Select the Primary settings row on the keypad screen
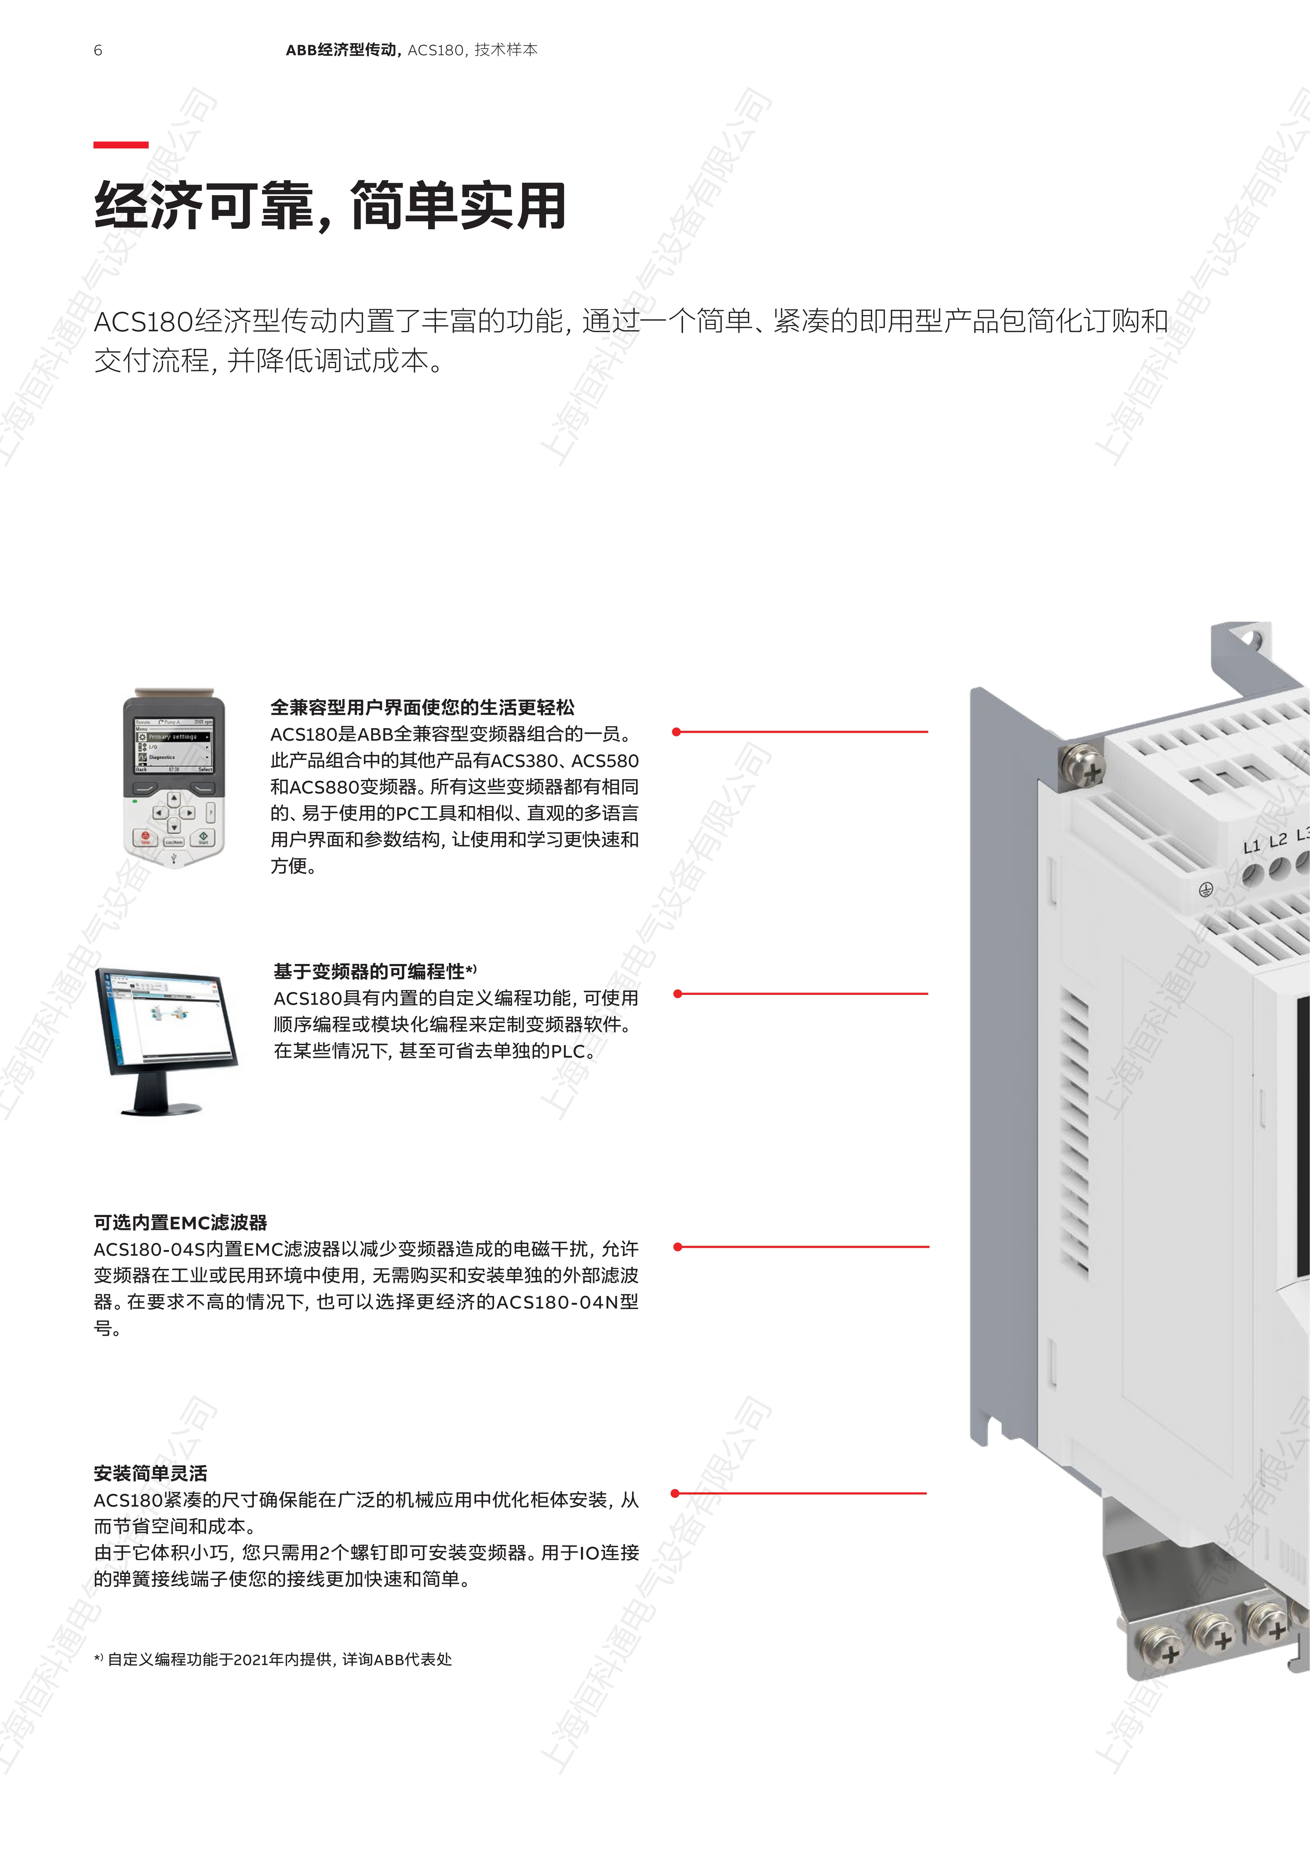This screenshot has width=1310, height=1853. [173, 737]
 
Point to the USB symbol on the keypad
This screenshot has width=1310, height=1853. [173, 858]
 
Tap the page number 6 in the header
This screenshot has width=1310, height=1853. [98, 50]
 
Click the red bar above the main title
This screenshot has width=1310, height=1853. [121, 144]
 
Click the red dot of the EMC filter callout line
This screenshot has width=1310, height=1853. [677, 1247]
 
